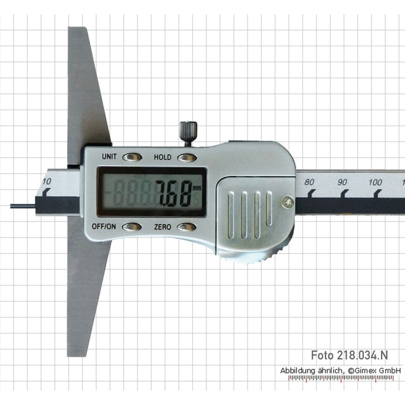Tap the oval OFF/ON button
(x=132, y=227)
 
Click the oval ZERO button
(x=187, y=227)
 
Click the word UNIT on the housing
(x=109, y=156)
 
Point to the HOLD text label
(x=162, y=157)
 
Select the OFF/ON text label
(x=103, y=226)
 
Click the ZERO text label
(x=162, y=227)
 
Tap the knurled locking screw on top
(x=188, y=133)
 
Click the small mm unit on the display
(x=196, y=188)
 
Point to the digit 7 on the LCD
(x=162, y=194)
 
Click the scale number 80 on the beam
(x=309, y=182)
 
